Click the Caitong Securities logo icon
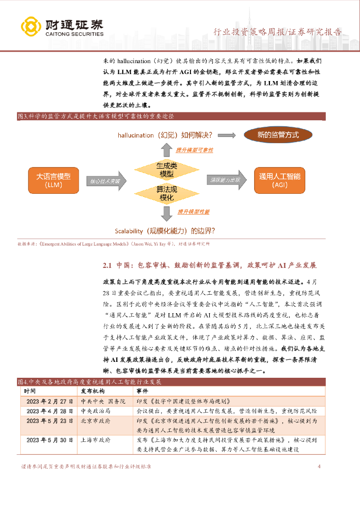coord(31,27)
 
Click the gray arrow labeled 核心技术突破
coord(105,181)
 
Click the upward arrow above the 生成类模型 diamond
coord(166,148)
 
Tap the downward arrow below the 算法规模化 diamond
coord(166,213)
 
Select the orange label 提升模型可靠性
coord(194,150)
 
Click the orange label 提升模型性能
coord(195,212)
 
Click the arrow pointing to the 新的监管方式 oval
coord(227,135)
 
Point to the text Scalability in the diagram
coord(129,231)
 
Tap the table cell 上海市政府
coord(96,440)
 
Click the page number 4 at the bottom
coord(319,467)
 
